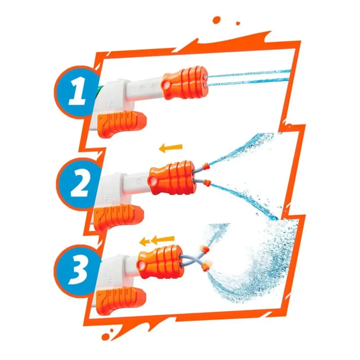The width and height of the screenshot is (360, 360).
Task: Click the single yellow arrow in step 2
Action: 171,147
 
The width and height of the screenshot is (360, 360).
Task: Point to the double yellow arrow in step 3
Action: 157,241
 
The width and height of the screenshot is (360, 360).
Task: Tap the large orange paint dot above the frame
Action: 217,19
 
